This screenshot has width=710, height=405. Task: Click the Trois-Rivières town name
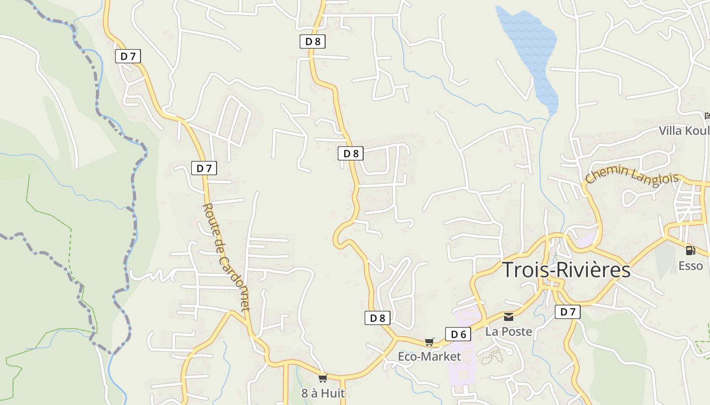point(566,270)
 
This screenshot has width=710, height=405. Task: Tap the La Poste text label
point(509,332)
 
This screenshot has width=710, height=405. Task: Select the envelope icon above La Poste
point(509,317)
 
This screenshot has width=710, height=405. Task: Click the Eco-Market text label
point(429,356)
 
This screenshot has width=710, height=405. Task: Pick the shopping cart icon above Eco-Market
point(430,342)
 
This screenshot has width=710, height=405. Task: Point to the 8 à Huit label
point(323,393)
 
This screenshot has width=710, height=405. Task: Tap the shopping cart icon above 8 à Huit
point(323,379)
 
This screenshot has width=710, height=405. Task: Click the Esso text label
point(691,266)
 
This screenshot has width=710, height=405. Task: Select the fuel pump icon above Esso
point(690,250)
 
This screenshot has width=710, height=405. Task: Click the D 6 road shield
point(458,334)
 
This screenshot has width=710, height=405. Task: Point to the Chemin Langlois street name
point(631,176)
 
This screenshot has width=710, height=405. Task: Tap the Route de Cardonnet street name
point(226,256)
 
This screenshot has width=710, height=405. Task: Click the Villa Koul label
point(684,131)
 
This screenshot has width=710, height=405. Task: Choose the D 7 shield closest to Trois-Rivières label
point(567,312)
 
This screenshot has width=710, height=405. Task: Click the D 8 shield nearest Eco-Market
point(378,318)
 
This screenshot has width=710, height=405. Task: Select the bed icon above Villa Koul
point(707,116)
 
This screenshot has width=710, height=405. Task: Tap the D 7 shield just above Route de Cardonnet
point(204,168)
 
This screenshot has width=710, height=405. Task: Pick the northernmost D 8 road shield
point(312,42)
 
